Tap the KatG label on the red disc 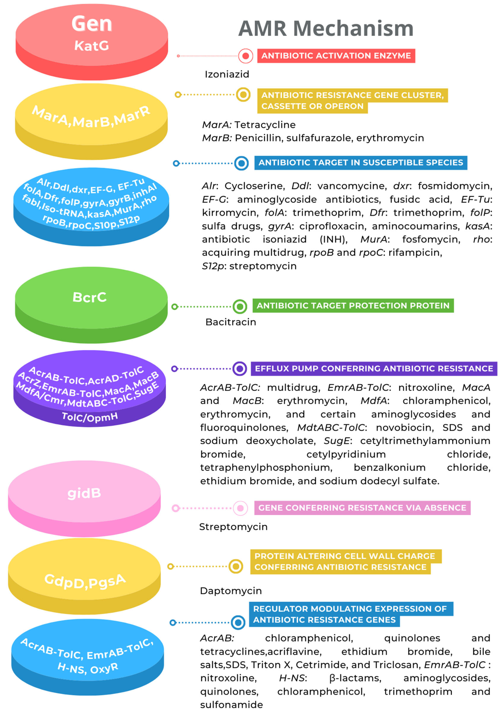point(92,46)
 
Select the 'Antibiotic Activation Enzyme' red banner point(336,56)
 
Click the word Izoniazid point(227,74)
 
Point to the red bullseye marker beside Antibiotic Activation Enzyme point(246,56)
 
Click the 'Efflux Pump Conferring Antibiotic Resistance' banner point(374,369)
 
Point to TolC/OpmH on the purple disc point(90,417)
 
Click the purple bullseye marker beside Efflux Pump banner point(240,369)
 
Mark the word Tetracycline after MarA point(265,125)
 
